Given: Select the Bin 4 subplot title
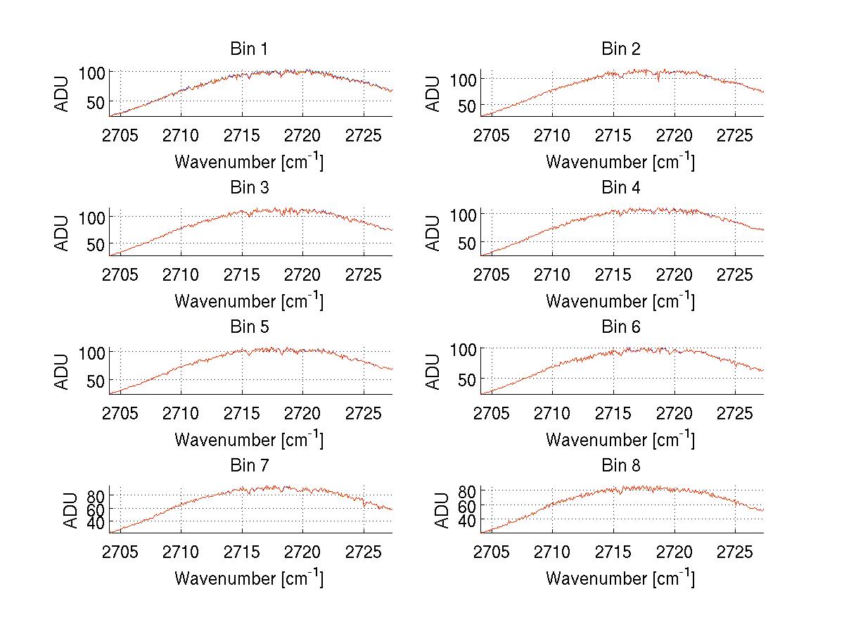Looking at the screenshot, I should pyautogui.click(x=620, y=188).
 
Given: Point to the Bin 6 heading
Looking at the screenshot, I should pyautogui.click(x=620, y=327).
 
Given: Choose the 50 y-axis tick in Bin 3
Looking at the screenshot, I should pyautogui.click(x=97, y=244).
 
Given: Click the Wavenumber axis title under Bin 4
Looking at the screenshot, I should pyautogui.click(x=620, y=300).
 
